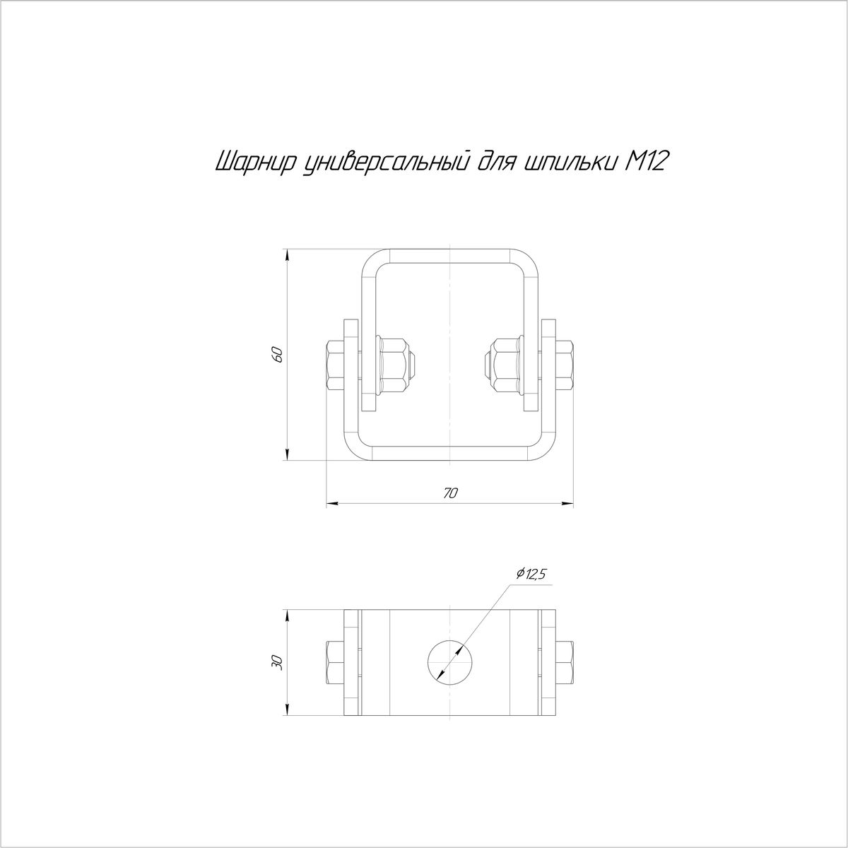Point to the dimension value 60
coord(277,355)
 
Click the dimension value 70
coord(450,493)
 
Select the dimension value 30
coord(277,661)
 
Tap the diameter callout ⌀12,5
coord(531,574)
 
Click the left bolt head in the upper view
coord(335,365)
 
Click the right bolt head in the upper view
coord(565,365)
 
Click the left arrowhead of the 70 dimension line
coord(331,502)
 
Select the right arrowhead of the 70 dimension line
coord(568,502)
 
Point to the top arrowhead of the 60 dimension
coord(287,256)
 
